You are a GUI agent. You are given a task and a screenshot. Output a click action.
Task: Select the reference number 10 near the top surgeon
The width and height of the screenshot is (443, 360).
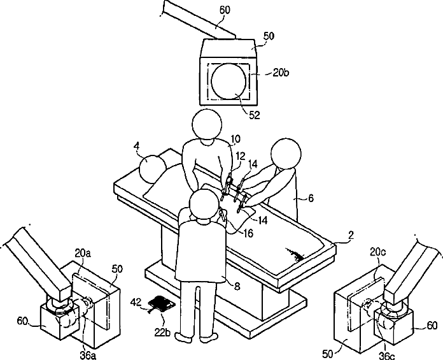click(235, 138)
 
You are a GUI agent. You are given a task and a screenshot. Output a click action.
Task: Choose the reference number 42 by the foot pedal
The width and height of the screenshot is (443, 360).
click(136, 301)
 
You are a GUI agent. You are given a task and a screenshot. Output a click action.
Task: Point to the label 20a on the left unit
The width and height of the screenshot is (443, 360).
click(83, 254)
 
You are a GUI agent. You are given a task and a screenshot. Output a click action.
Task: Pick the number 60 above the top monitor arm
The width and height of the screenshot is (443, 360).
click(225, 10)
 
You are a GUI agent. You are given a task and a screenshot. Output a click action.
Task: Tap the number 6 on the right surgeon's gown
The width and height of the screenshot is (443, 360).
click(311, 199)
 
